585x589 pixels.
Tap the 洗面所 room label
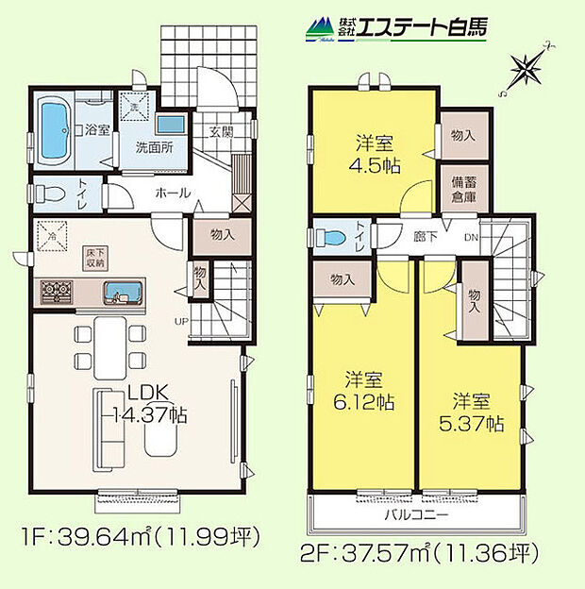(153, 148)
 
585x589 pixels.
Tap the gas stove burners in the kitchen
(58, 292)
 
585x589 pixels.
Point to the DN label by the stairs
(470, 237)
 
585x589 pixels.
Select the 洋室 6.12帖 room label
(362, 392)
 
